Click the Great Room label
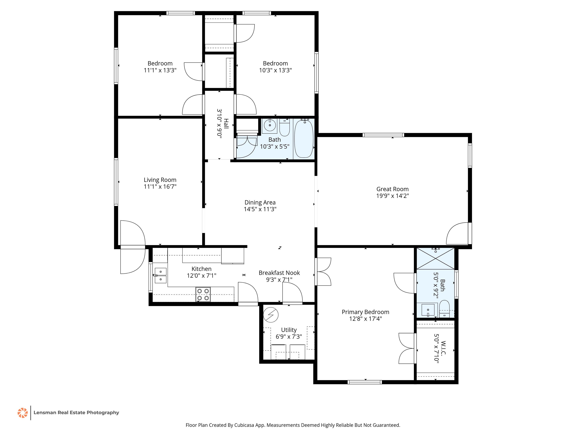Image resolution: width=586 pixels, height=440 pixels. click(392, 189)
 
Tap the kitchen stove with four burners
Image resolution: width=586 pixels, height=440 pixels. click(203, 294)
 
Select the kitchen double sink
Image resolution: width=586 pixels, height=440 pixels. click(161, 276)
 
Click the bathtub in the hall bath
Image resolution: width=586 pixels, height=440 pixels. click(304, 139)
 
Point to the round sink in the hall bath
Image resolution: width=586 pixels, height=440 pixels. click(270, 125)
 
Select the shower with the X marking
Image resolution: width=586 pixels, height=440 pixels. click(435, 259)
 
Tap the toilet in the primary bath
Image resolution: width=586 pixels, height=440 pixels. click(444, 309)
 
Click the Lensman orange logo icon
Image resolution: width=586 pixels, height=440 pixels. click(23, 413)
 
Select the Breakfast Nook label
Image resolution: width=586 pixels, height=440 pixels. click(279, 273)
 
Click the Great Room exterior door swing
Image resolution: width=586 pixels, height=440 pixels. click(457, 233)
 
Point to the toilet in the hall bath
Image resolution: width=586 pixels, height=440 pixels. click(285, 128)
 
